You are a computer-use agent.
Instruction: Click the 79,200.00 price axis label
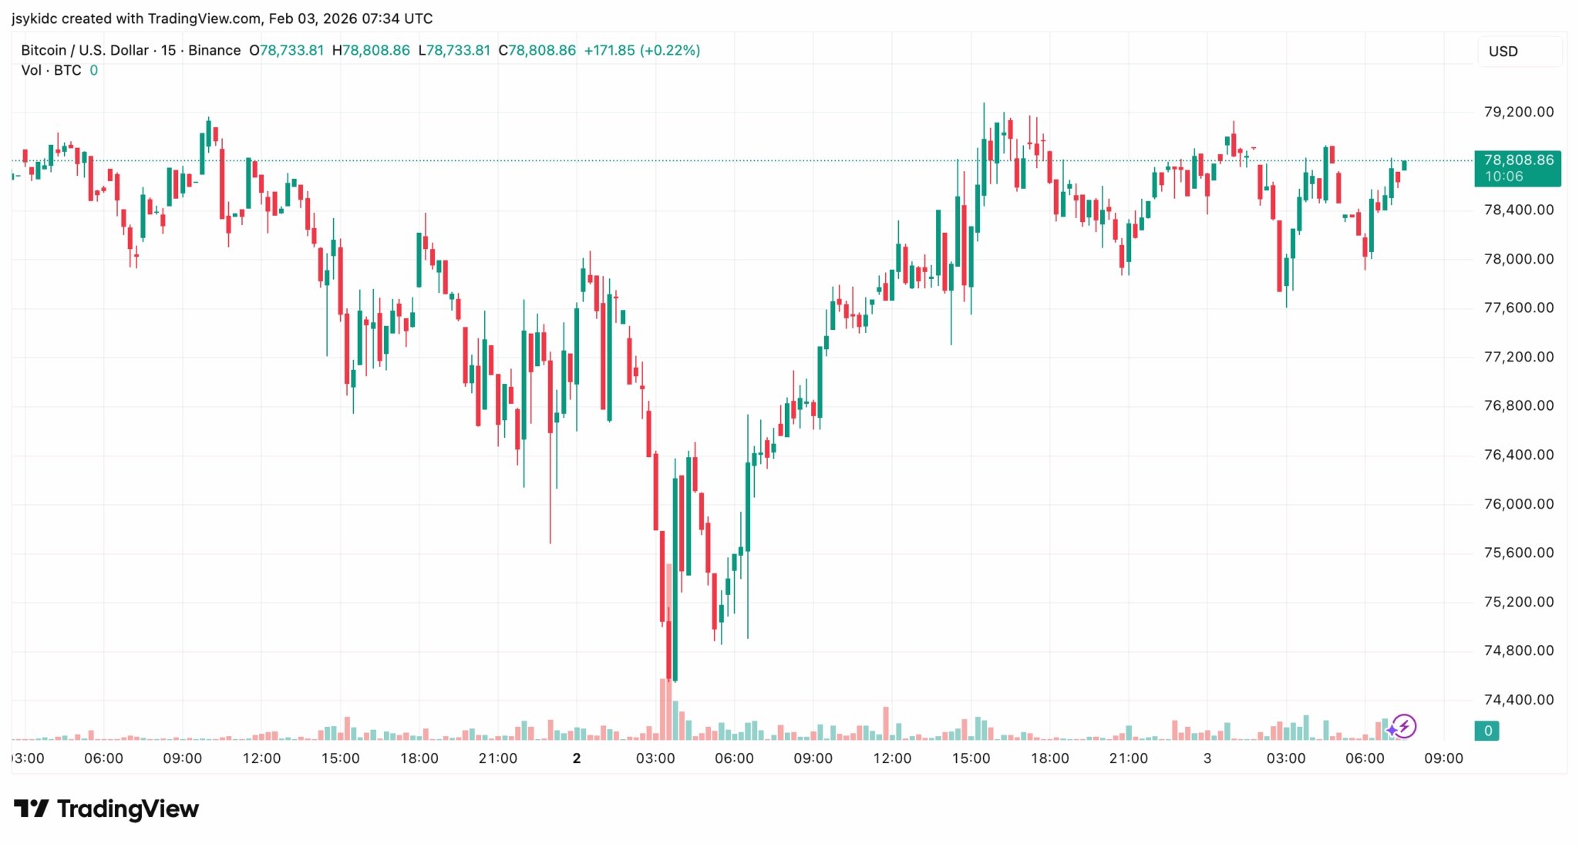click(1518, 112)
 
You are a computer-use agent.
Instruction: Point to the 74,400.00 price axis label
click(1518, 700)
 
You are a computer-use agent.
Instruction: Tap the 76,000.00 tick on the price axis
click(1518, 504)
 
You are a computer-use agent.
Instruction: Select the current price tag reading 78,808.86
click(1517, 161)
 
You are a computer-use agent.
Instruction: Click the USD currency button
click(1503, 52)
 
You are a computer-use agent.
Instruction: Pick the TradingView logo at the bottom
click(106, 809)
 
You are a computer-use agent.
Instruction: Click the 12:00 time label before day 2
click(261, 758)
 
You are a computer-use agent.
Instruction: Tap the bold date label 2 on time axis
click(576, 758)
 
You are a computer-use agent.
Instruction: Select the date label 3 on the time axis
click(1207, 758)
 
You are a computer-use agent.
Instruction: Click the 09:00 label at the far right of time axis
click(1443, 758)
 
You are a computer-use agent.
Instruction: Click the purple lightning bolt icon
click(1404, 726)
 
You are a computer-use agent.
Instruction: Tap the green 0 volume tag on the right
click(1487, 731)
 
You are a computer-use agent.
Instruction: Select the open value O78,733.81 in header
click(286, 51)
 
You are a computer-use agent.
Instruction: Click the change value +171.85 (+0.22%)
click(641, 51)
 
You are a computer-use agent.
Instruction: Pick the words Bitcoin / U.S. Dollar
click(85, 51)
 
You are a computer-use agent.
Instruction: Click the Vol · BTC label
click(51, 71)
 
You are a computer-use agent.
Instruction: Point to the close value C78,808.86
click(537, 51)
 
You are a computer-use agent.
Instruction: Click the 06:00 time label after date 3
click(1364, 758)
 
